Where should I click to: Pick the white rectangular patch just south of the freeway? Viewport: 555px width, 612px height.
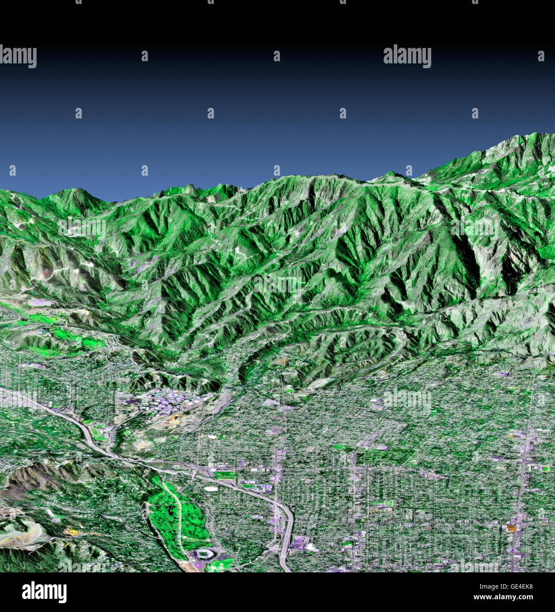(x=213, y=488)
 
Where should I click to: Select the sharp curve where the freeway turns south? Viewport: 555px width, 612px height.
(x=286, y=511)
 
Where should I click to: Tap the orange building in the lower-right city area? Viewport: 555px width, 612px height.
(x=511, y=527)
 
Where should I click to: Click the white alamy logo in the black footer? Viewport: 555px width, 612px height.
(x=44, y=592)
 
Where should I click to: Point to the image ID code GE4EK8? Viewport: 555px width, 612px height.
(x=521, y=586)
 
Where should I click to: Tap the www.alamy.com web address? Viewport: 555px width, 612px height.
(x=507, y=597)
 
